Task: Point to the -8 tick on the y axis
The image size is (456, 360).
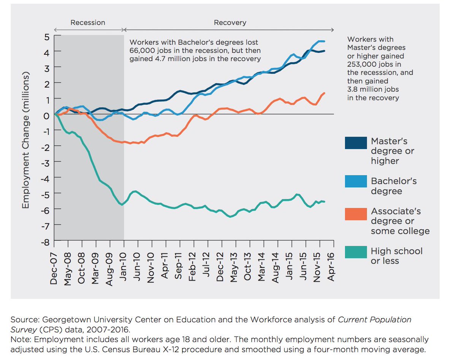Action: tap(46, 241)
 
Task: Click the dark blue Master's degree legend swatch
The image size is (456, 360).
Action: tap(356, 143)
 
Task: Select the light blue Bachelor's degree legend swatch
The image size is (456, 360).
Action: tap(356, 181)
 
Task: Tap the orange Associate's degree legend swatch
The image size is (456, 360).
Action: tap(356, 214)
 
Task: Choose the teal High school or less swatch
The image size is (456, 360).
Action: tap(356, 252)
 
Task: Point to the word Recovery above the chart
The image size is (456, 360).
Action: tap(230, 23)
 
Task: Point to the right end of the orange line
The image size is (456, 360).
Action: tap(324, 93)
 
